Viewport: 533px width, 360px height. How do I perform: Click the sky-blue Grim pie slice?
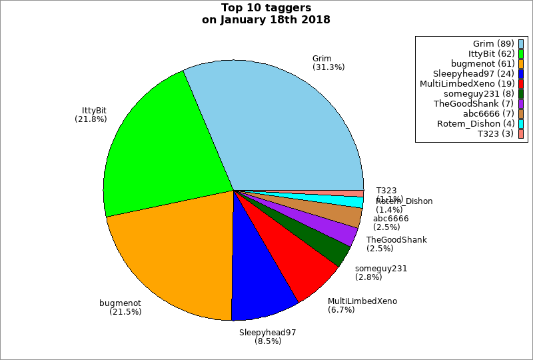coord(286,127)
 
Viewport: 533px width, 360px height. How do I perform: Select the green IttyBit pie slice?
coord(167,153)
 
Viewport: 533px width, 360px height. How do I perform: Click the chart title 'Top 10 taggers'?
coord(266,8)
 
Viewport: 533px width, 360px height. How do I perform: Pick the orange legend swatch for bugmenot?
coord(521,64)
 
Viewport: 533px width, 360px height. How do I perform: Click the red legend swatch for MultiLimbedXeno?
coord(521,84)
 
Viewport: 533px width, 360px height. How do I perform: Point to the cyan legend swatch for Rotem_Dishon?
coord(521,124)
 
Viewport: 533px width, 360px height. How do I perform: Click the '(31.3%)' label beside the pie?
coord(328,67)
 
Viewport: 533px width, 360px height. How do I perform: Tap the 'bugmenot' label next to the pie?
coord(120,303)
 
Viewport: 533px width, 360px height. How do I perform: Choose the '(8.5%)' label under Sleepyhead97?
coord(268,341)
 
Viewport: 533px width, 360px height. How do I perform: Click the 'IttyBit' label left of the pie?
coord(94,110)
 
